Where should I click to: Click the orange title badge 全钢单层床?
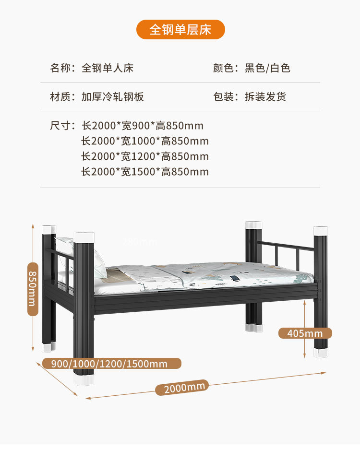[180, 29]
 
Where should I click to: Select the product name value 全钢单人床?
[107, 68]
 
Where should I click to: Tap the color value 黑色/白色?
[267, 68]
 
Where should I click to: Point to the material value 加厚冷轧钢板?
[112, 97]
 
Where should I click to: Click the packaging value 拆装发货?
[265, 97]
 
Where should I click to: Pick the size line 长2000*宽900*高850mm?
[143, 126]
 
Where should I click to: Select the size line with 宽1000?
[145, 141]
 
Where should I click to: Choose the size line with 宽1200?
[145, 156]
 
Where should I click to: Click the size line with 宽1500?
[145, 172]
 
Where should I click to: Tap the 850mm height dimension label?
[32, 289]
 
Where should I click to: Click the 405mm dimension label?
[305, 333]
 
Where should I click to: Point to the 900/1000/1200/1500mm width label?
[111, 364]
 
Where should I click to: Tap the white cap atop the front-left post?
[84, 236]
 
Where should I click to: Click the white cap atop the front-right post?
[321, 230]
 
